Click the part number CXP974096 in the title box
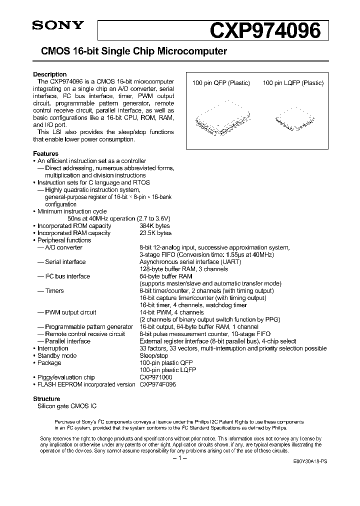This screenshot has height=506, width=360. point(264,31)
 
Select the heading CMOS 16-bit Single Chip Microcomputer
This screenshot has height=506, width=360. point(130,51)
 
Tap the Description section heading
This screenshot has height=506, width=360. point(49,74)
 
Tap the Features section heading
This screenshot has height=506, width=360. point(45,153)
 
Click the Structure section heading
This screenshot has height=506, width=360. point(46,399)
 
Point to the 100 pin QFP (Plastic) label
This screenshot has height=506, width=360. point(221,83)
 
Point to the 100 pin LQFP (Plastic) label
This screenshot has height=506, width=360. point(293,83)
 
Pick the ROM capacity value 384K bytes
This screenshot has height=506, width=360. point(155,226)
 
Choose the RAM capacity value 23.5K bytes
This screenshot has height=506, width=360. point(155,233)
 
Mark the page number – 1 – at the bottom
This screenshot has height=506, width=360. point(179,458)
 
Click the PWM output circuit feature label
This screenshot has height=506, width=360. point(70,312)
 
